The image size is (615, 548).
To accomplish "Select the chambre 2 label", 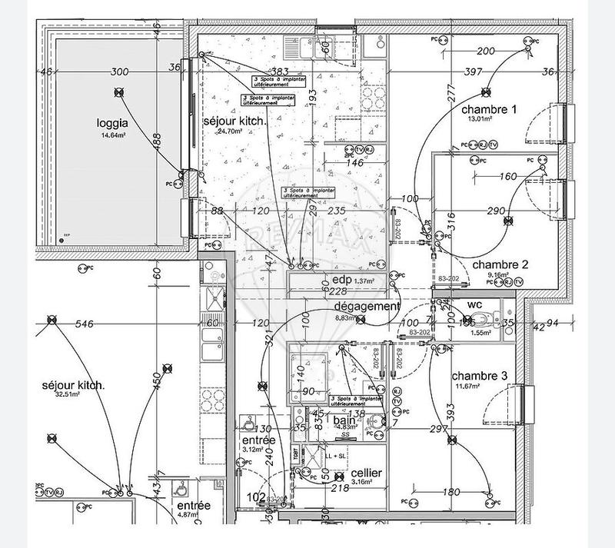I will [504, 264].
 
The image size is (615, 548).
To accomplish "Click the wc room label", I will [475, 305].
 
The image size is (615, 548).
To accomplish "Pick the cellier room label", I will [367, 473].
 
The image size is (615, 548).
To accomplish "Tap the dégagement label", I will [367, 306].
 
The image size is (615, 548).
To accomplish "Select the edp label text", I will [342, 280].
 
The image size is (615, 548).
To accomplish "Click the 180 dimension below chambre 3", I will [452, 492].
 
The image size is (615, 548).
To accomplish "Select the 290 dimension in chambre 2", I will [497, 211].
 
